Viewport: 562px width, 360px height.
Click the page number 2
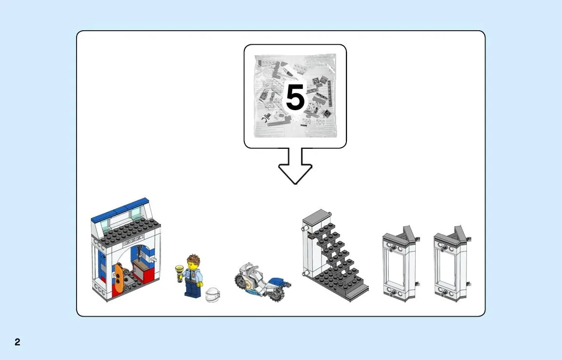(x=17, y=342)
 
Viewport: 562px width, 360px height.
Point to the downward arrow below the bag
(x=295, y=166)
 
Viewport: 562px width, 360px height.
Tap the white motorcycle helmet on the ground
(x=213, y=294)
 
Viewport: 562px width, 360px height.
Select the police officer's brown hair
(x=193, y=259)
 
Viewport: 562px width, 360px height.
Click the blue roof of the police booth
(x=120, y=209)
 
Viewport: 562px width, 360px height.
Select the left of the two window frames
(x=399, y=263)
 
